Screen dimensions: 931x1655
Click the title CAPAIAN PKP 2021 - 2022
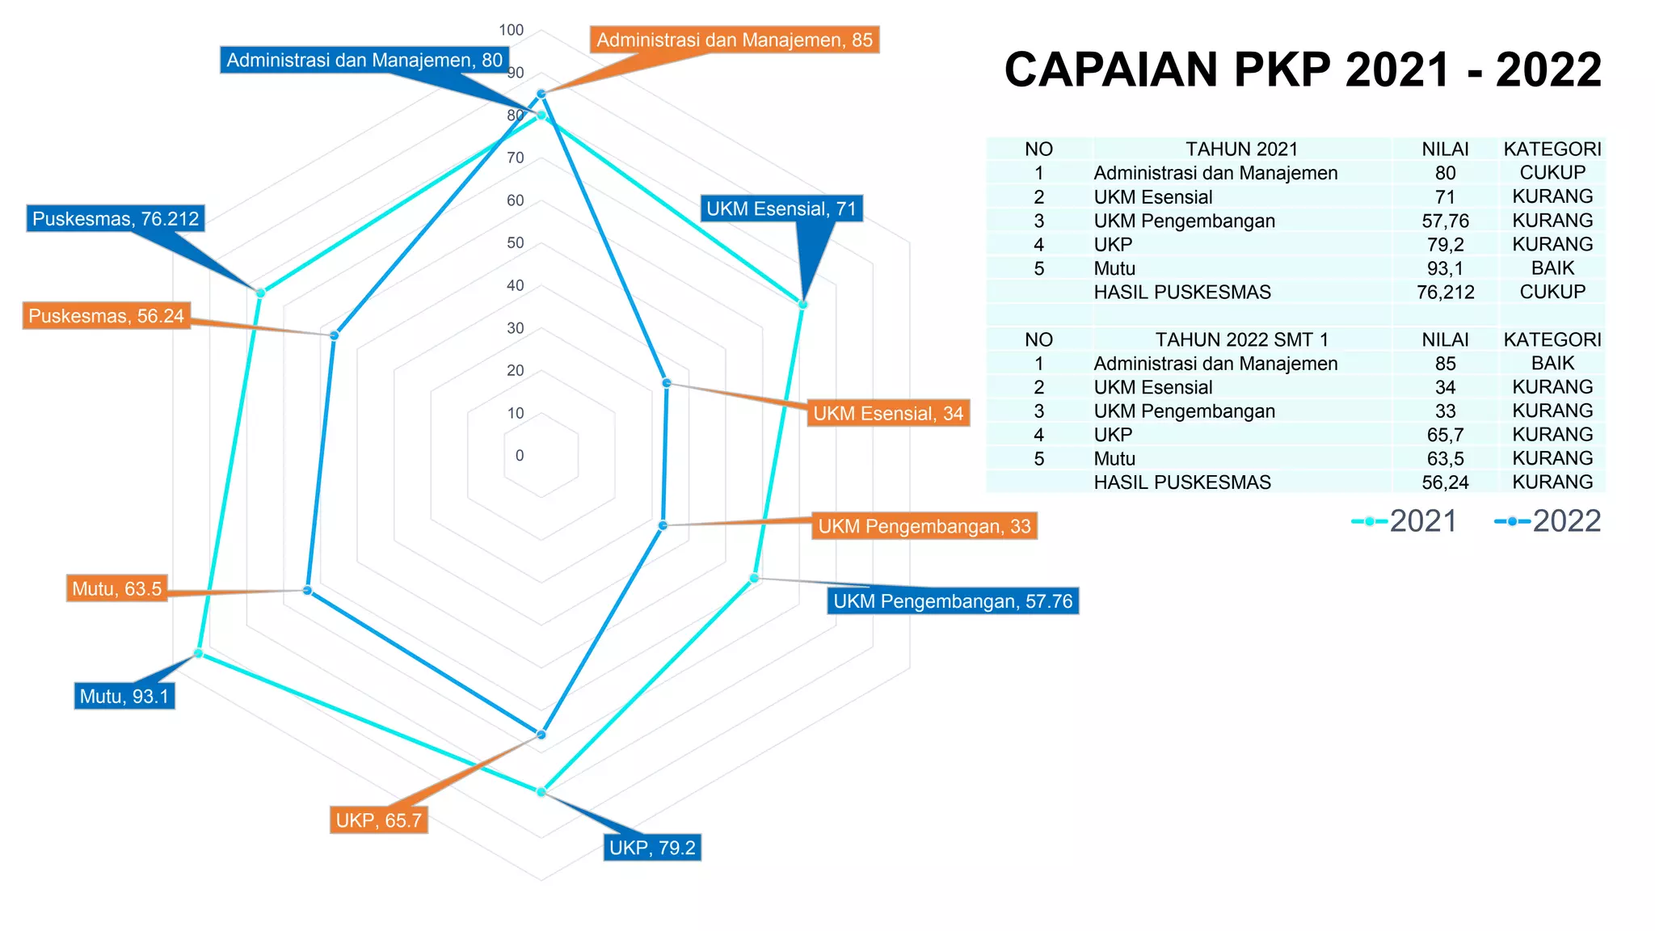1302,70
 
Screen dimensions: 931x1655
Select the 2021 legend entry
1405,521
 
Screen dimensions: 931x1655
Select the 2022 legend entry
1548,521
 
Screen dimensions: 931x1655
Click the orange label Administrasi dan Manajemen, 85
734,40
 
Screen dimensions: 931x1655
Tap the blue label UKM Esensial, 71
781,209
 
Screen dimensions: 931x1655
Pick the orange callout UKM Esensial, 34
887,413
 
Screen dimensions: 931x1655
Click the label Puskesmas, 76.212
115,218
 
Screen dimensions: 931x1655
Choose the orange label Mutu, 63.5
117,588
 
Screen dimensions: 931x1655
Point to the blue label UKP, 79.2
651,847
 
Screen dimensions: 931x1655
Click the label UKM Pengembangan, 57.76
952,600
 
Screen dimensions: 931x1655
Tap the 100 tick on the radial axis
512,30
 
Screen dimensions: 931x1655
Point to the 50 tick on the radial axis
516,242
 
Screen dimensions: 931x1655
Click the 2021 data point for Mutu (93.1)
198,653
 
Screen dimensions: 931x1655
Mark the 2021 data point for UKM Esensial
802,305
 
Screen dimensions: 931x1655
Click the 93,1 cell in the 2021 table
1445,268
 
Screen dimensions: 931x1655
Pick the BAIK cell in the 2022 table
1552,363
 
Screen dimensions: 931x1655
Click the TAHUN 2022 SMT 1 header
1241,339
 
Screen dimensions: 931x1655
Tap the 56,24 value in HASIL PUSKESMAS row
1445,482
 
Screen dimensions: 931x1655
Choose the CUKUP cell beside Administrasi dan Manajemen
1552,172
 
